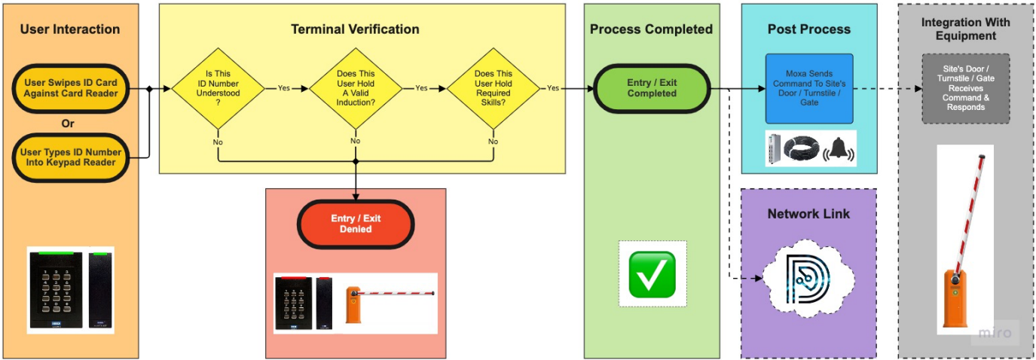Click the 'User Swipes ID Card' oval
pyautogui.click(x=70, y=88)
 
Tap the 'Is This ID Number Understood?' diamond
pyautogui.click(x=218, y=88)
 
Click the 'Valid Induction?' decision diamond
pyautogui.click(x=356, y=88)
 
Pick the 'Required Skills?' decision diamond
pyautogui.click(x=493, y=88)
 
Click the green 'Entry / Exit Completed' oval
pyautogui.click(x=652, y=88)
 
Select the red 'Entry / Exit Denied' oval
pyautogui.click(x=356, y=224)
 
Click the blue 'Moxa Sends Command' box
pyautogui.click(x=808, y=88)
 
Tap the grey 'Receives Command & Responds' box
pyautogui.click(x=965, y=88)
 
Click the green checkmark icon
pyautogui.click(x=652, y=273)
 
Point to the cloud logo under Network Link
pyautogui.click(x=808, y=279)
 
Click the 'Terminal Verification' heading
pyautogui.click(x=355, y=29)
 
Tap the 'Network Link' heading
pyautogui.click(x=808, y=214)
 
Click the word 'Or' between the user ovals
pyautogui.click(x=70, y=124)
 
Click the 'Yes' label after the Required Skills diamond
pyautogui.click(x=553, y=88)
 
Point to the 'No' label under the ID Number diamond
pyautogui.click(x=218, y=141)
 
